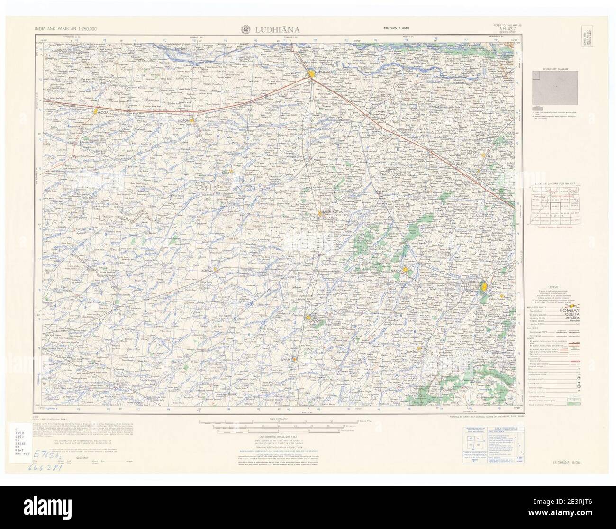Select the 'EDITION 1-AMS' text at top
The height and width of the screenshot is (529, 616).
398,30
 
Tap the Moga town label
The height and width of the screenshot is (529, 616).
104,113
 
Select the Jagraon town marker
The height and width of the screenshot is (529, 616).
192,121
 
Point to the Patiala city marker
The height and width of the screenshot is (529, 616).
484,287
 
